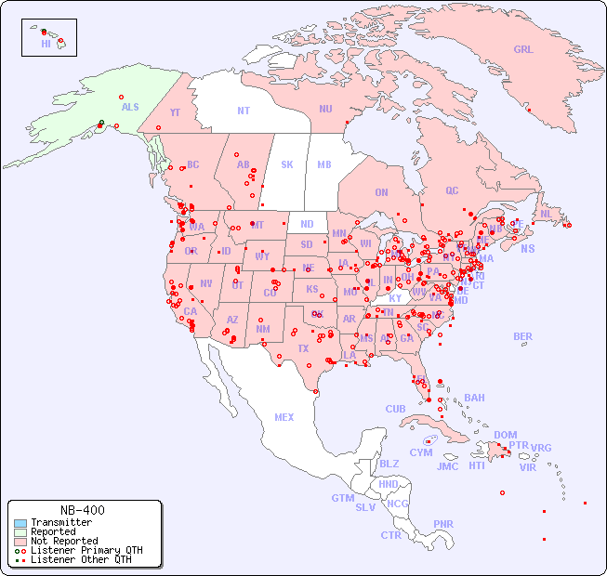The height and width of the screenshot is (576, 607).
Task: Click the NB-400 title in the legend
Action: (x=82, y=510)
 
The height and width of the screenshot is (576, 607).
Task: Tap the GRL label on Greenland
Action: (x=523, y=50)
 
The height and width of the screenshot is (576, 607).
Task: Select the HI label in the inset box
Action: (x=46, y=44)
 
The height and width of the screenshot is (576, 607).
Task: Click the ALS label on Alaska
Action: (x=130, y=108)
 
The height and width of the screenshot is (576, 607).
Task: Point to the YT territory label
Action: (x=175, y=112)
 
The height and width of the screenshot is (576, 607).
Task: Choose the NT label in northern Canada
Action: (x=244, y=111)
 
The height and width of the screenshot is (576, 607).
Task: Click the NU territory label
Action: (x=325, y=109)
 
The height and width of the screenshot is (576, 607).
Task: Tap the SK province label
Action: (x=287, y=165)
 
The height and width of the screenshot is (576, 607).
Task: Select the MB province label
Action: (x=324, y=165)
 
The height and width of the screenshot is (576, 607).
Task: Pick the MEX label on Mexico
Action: (x=284, y=418)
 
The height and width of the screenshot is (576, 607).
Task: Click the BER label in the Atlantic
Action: (x=523, y=336)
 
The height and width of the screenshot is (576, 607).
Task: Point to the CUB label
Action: (x=395, y=409)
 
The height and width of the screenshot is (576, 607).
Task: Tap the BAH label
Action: (x=474, y=398)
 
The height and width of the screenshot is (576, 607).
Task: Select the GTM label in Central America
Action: (x=342, y=498)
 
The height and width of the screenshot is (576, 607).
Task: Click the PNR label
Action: (x=443, y=524)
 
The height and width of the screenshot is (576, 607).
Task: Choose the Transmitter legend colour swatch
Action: (x=20, y=523)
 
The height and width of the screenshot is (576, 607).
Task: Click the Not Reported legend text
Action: (x=64, y=541)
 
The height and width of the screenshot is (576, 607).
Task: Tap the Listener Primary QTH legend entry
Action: (x=86, y=550)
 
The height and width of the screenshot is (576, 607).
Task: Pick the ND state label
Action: (x=307, y=224)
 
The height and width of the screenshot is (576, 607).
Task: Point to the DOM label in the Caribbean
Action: (x=505, y=435)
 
